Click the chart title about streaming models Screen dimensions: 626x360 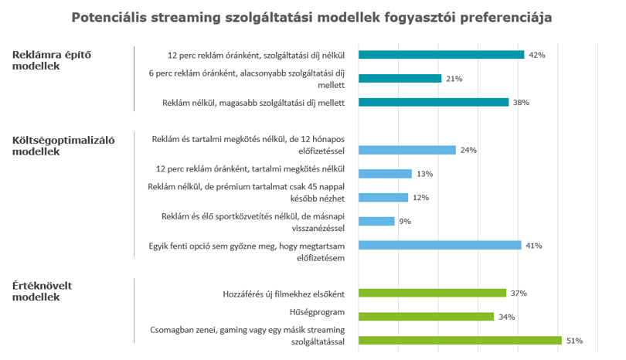[x=311, y=18]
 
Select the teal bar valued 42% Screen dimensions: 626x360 [x=441, y=55]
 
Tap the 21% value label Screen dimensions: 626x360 [x=454, y=79]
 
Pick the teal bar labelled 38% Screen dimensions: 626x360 [x=434, y=102]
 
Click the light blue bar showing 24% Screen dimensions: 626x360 [x=407, y=150]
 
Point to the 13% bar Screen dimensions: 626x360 [x=385, y=174]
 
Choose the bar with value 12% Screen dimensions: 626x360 [x=383, y=198]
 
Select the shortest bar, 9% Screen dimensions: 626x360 [x=376, y=221]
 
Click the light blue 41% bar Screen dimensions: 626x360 [x=440, y=245]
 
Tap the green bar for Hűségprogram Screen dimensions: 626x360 [x=426, y=317]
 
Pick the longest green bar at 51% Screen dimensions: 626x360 [x=460, y=341]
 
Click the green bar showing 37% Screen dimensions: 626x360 [x=432, y=293]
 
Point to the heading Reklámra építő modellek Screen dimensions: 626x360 [x=52, y=60]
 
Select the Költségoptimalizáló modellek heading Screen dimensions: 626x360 [x=63, y=146]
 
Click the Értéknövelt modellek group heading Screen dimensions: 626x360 [x=42, y=291]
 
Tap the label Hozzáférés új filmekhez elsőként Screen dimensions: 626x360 [x=284, y=294]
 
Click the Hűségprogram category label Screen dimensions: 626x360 [x=317, y=312]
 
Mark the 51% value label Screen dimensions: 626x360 [x=574, y=341]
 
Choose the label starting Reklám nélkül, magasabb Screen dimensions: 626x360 [x=253, y=103]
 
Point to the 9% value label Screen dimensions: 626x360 [x=405, y=222]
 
